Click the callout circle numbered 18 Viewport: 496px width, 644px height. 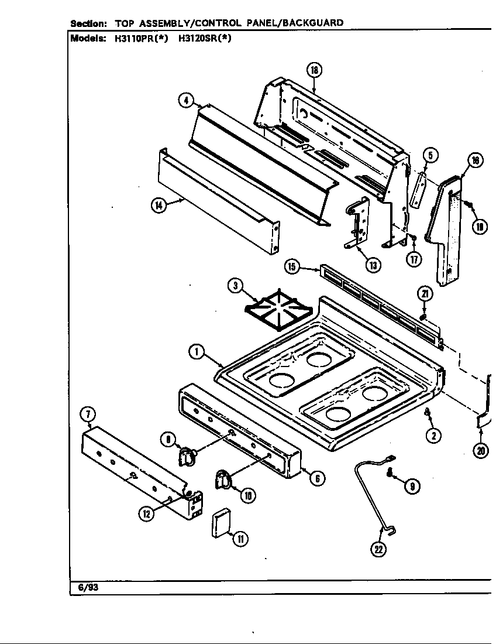[x=314, y=71]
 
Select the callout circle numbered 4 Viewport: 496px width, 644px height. [x=185, y=100]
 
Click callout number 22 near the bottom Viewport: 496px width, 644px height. [x=379, y=549]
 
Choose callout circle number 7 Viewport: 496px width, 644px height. [x=87, y=415]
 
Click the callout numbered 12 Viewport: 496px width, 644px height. [x=146, y=513]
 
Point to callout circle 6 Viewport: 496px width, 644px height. [x=316, y=478]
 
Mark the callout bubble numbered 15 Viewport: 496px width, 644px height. [x=293, y=268]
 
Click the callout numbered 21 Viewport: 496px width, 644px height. [x=425, y=293]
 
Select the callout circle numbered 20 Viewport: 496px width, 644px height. [x=481, y=451]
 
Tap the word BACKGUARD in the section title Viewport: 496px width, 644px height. [x=315, y=23]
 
